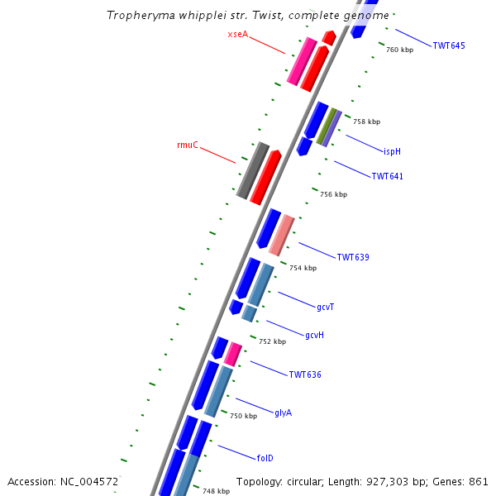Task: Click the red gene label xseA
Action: (237, 34)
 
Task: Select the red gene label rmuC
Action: (188, 145)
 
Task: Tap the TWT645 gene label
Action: (449, 45)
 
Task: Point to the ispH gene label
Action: (392, 151)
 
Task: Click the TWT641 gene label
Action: (387, 176)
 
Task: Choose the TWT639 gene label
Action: (352, 257)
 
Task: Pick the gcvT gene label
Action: (325, 307)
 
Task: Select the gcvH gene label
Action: (314, 335)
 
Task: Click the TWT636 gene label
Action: (304, 374)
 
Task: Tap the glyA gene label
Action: (283, 413)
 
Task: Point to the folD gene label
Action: (265, 457)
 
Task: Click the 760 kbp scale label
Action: (399, 50)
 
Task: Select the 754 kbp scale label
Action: (303, 268)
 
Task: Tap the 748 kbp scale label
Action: (216, 491)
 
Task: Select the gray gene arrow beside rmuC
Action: (252, 169)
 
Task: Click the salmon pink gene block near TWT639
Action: (281, 234)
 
